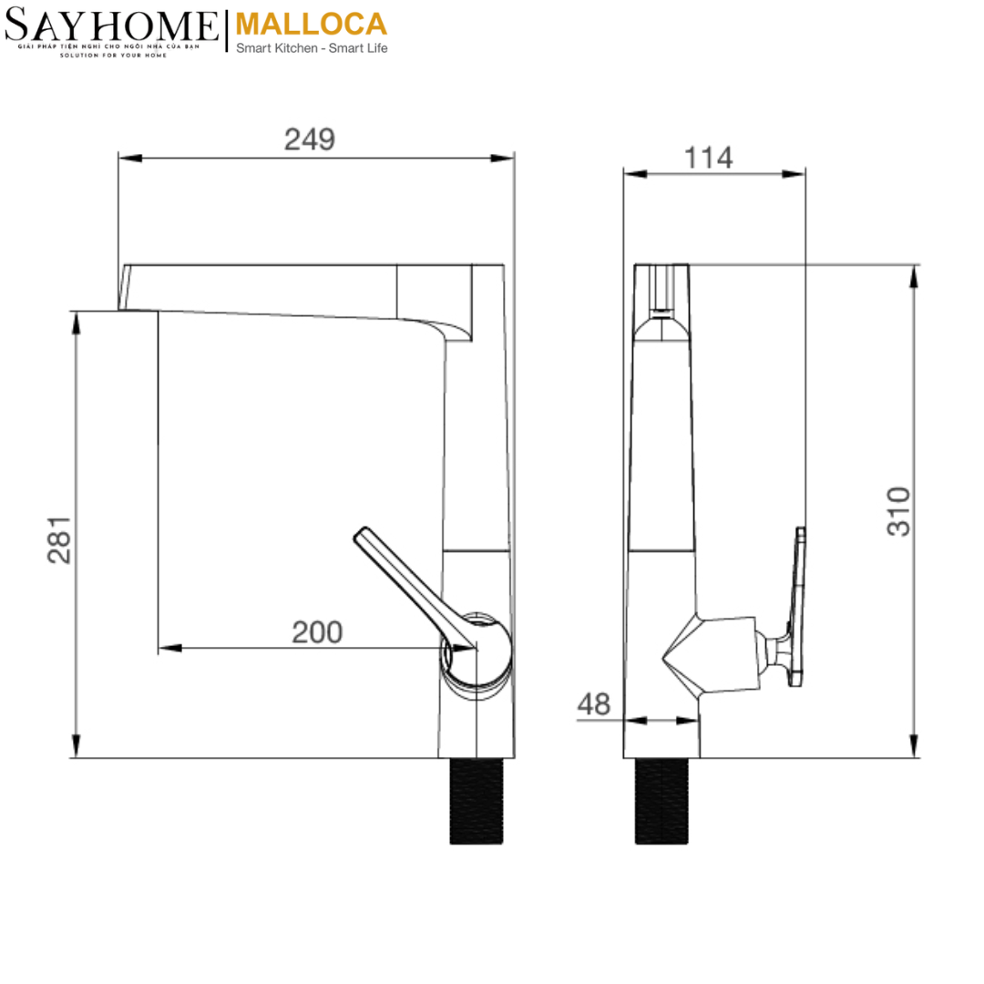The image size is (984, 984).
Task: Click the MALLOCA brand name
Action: pos(311,24)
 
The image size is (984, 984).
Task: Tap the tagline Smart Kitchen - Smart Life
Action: pos(311,48)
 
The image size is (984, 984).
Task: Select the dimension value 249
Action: pos(310,139)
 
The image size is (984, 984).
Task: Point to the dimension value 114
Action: pos(708,158)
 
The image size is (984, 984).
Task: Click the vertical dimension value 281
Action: pos(60,539)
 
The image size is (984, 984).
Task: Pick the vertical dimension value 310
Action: pos(898,511)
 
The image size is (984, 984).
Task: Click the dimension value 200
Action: pos(317,631)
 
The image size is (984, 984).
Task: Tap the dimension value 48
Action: pos(593,703)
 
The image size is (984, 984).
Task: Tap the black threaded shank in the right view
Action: pos(661,800)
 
